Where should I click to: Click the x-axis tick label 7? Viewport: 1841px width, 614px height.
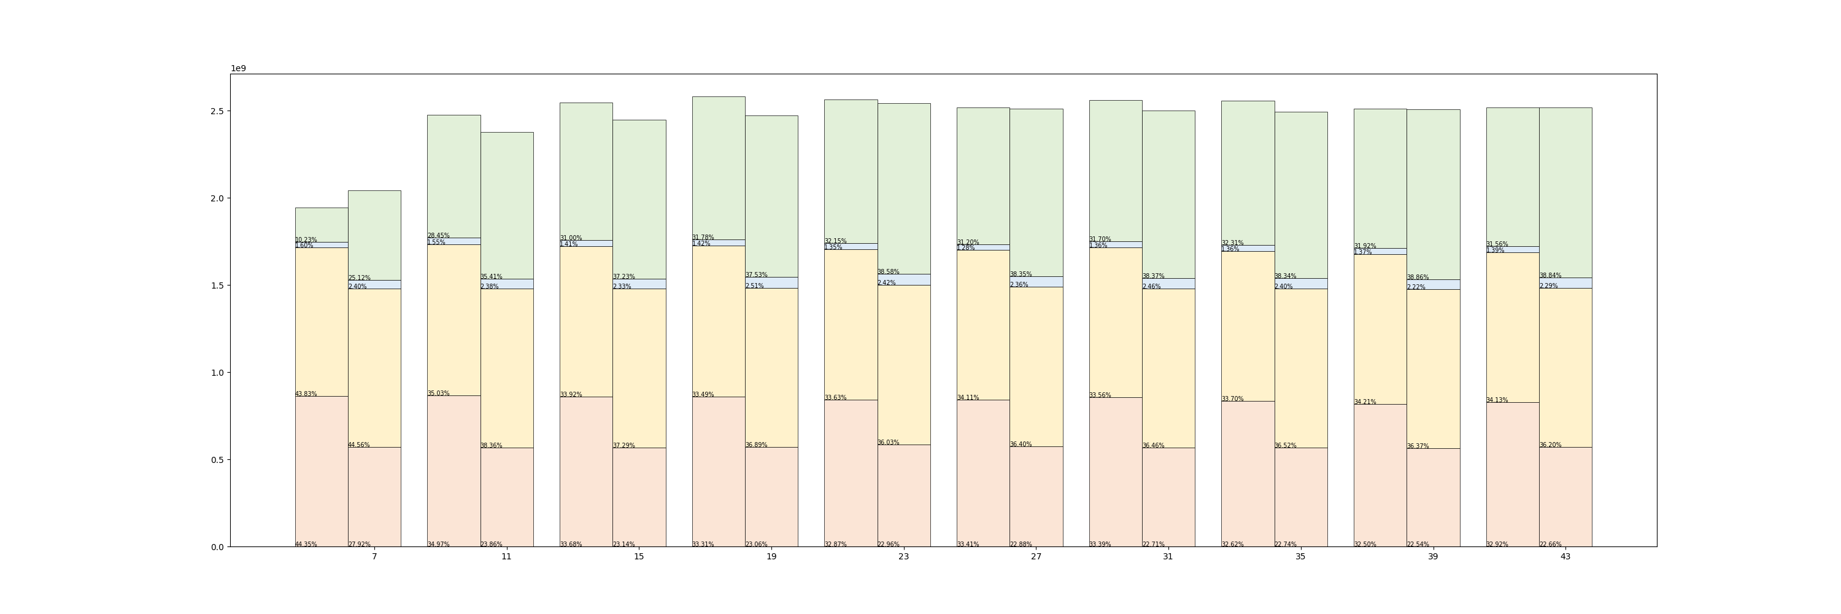374,557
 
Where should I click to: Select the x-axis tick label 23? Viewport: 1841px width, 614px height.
903,557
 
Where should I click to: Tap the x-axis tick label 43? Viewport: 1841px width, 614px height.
1565,557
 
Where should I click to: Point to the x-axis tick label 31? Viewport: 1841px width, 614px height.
1168,557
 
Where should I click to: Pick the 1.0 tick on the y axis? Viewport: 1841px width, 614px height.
217,373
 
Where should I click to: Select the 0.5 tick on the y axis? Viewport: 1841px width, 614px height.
217,460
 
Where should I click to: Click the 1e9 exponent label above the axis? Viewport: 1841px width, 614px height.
238,69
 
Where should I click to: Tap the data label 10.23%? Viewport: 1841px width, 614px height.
306,240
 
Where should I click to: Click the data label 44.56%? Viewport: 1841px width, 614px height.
359,445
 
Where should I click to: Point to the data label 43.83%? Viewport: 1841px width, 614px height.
306,394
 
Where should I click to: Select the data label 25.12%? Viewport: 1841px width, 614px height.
360,278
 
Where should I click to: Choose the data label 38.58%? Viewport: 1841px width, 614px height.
889,271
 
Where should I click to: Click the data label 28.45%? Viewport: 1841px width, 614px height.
439,235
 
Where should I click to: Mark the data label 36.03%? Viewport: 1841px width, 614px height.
889,443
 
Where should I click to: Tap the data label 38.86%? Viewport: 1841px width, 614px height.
1418,278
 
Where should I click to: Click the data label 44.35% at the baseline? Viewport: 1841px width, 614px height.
306,545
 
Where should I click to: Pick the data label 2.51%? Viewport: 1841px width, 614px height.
755,286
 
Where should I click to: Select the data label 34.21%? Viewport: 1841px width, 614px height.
1365,402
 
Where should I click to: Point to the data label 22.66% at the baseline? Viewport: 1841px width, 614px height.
1550,545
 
